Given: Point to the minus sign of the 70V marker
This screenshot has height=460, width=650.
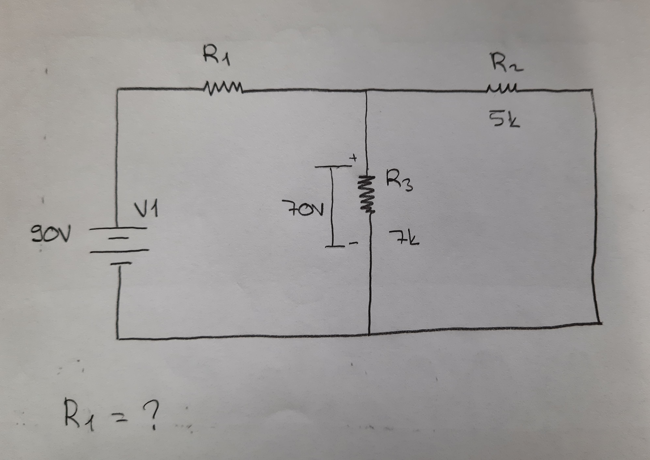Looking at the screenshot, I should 354,243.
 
